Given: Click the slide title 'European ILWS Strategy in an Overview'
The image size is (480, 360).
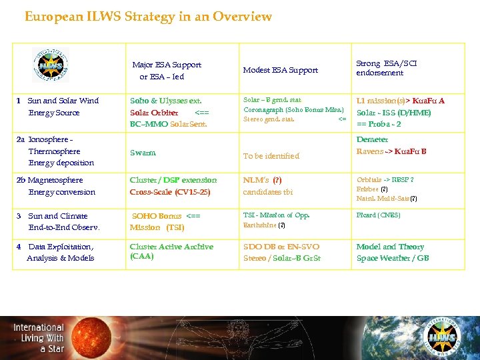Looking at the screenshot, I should tap(148, 17).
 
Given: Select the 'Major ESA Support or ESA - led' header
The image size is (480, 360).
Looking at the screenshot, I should tap(166, 71).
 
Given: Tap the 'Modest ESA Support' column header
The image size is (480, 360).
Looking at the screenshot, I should tap(280, 70).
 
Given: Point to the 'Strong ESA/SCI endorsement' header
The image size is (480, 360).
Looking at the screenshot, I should tap(387, 68).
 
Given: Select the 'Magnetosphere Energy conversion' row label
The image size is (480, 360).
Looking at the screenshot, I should tap(56, 186).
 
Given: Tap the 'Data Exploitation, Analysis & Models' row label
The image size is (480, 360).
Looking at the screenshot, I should tap(55, 252).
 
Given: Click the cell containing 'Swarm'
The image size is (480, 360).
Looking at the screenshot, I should tap(143, 153).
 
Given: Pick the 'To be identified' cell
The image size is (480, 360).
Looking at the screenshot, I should tap(271, 156).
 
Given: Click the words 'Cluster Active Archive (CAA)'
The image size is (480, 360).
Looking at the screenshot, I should tap(171, 251).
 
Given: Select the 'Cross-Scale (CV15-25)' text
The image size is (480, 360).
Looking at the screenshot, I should tap(170, 192).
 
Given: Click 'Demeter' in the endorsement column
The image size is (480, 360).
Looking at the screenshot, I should tap(372, 140).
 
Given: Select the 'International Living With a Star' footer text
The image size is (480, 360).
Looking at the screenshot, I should tap(39, 338).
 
